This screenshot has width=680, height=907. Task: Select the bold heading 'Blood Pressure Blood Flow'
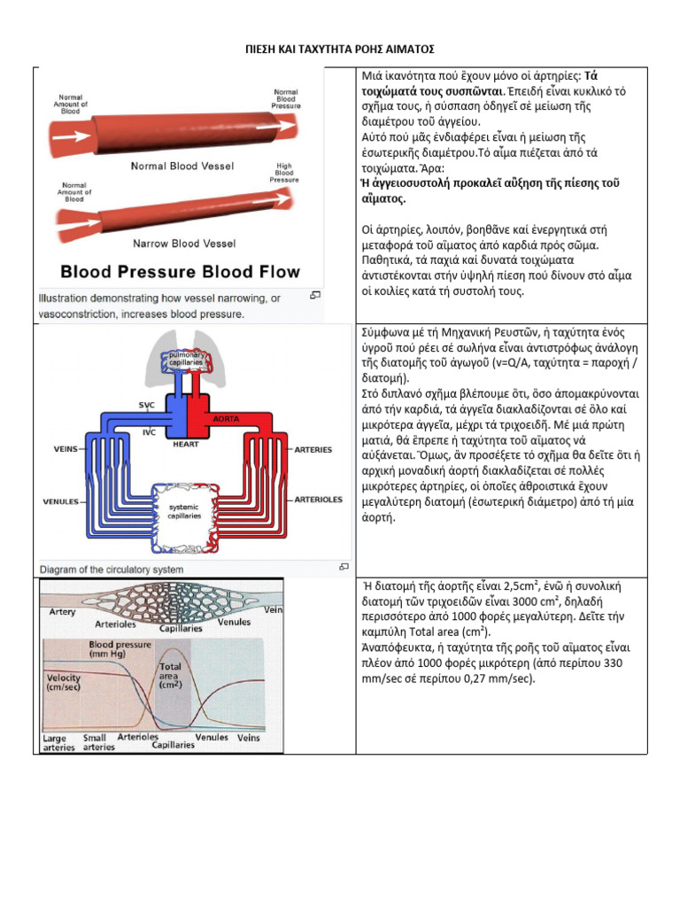point(180,272)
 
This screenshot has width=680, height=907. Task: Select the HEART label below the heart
point(185,444)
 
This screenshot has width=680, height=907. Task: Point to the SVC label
point(146,404)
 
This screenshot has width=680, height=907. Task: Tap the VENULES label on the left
point(61,501)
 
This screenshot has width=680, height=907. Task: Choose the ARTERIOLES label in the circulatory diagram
point(319,499)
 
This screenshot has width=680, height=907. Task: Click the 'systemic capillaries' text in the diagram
point(185,511)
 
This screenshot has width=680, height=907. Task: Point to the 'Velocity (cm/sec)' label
point(63,682)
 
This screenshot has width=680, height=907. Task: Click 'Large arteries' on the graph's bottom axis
point(58,742)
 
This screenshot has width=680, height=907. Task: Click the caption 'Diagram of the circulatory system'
point(112,570)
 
